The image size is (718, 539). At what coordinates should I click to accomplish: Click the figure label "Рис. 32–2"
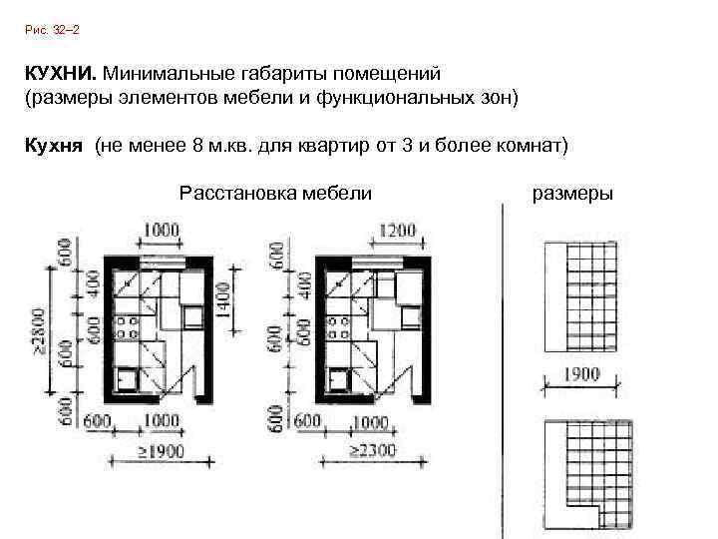(x=51, y=32)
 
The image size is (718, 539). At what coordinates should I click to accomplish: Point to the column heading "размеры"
(x=573, y=192)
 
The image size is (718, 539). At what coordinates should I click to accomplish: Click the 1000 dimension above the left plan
(x=160, y=231)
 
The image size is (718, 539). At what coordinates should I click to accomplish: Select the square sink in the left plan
(x=127, y=379)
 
